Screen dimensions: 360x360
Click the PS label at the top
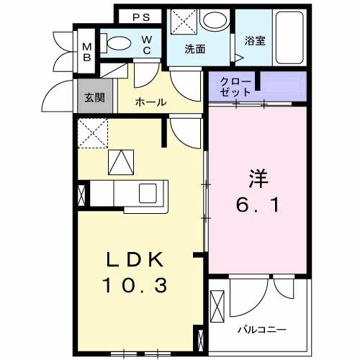point(140,16)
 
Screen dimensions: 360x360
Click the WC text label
point(146,45)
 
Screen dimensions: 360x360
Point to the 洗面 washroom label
point(195,49)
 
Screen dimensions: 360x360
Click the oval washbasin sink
point(213,20)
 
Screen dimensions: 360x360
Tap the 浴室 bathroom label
point(254,41)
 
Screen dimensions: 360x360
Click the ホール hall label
point(151,102)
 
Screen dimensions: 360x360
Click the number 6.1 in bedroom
point(257,205)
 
